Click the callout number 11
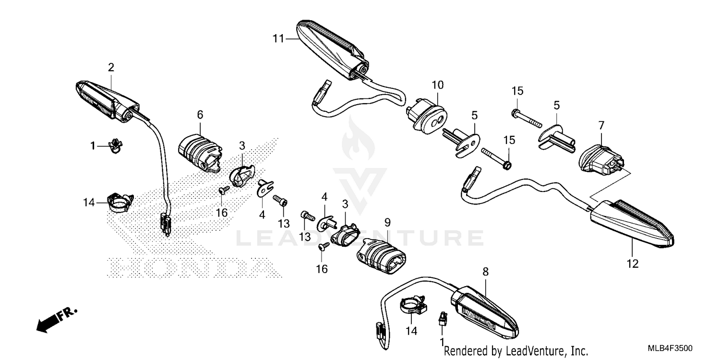[278, 39]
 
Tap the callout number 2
[111, 67]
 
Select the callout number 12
[633, 264]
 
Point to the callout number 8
[485, 272]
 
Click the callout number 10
[437, 85]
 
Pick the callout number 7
[601, 125]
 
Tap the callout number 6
[200, 115]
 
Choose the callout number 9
[387, 222]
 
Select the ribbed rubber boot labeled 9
[381, 256]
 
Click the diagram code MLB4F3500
[670, 348]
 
